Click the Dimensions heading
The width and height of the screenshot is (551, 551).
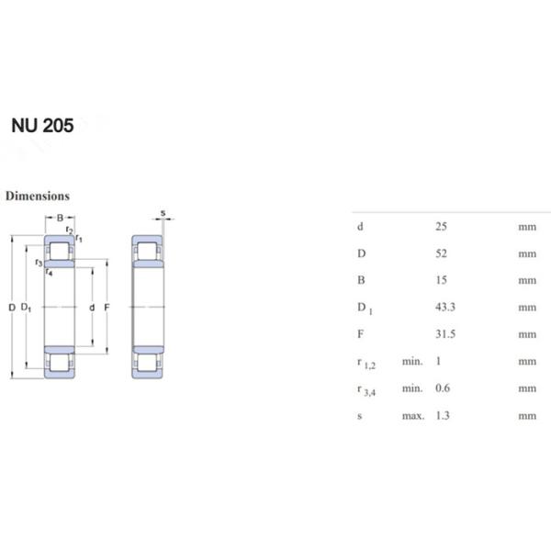coord(38,196)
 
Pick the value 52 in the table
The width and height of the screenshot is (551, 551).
coord(441,253)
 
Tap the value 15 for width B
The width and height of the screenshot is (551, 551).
coord(441,280)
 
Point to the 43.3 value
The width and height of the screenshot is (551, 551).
coord(444,308)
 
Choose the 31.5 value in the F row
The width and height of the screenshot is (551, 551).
coord(444,334)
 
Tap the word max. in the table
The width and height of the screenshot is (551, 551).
coord(412,416)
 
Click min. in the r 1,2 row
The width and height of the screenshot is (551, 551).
coord(411,362)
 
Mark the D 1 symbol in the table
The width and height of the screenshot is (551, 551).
coord(365,309)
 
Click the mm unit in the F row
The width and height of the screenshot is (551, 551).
coord(526,334)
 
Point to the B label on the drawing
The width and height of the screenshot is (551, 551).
coord(60,219)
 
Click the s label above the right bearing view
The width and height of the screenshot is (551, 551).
coord(163,213)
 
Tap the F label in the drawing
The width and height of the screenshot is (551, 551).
coord(107,307)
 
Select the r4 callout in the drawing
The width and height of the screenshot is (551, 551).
coord(49,273)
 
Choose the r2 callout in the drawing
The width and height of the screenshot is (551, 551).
coord(70,231)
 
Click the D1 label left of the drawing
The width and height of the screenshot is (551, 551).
coord(26,307)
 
